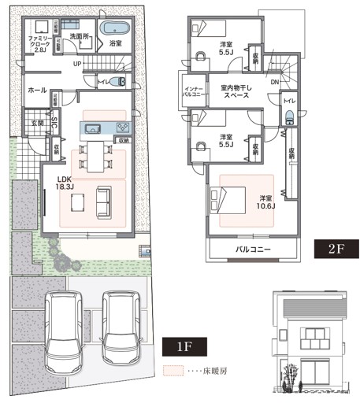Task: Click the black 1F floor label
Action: pyautogui.click(x=182, y=346)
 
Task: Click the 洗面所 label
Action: pyautogui.click(x=79, y=36)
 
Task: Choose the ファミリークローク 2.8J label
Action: pyautogui.click(x=38, y=43)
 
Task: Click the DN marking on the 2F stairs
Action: pyautogui.click(x=273, y=82)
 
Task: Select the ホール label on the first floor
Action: pyautogui.click(x=36, y=91)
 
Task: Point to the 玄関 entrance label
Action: pyautogui.click(x=37, y=123)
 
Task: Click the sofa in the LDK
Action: pyautogui.click(x=103, y=201)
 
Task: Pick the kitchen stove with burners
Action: pyautogui.click(x=123, y=128)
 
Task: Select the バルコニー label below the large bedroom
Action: pyautogui.click(x=254, y=250)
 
